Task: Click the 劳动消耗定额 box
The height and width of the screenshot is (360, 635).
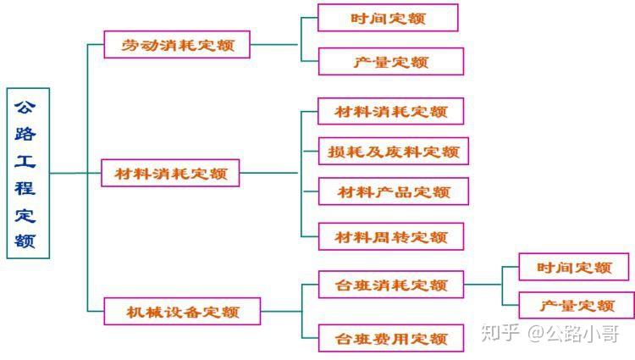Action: tap(177, 45)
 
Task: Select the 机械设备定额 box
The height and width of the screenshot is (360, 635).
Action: tap(182, 312)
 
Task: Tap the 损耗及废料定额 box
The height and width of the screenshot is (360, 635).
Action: tap(394, 152)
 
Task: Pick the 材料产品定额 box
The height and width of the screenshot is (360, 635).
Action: tap(394, 191)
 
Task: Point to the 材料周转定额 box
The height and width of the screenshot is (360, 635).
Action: tap(391, 236)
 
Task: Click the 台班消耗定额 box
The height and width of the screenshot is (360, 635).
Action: tap(391, 285)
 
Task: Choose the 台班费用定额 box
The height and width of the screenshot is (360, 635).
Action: tap(391, 338)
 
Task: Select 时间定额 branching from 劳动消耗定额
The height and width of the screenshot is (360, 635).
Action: tap(388, 18)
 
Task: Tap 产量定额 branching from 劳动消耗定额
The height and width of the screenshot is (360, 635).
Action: tap(391, 62)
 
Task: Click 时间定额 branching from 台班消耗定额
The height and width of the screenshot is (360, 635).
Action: tap(574, 267)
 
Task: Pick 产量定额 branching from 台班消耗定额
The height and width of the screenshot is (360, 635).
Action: tap(577, 305)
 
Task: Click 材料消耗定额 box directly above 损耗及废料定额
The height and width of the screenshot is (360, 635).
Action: tap(391, 111)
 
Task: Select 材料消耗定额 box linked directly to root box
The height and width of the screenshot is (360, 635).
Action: tap(170, 174)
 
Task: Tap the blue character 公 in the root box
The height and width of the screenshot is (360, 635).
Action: tap(25, 108)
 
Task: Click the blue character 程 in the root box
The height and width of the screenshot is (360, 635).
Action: tap(25, 188)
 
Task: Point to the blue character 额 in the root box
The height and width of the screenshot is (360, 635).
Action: tap(25, 241)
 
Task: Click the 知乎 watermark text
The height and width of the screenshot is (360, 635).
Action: tap(500, 333)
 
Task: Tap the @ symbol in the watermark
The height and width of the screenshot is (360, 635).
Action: tap(536, 333)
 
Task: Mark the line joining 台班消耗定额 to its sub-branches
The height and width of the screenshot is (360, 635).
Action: tap(483, 285)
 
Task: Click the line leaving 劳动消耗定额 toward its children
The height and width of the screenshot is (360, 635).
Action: tap(274, 45)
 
